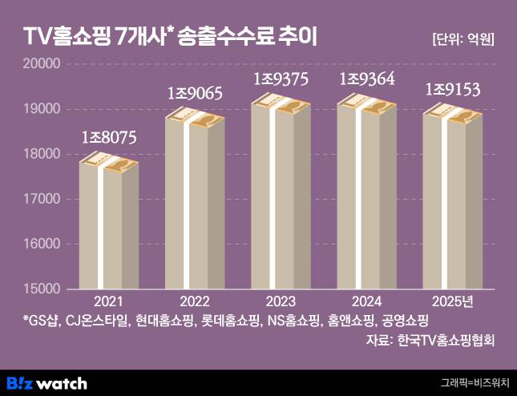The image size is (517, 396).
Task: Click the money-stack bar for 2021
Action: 108,224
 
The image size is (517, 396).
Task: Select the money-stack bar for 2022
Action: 195,200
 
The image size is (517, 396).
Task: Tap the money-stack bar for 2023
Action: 281,192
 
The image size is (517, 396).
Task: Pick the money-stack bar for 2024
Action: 367,192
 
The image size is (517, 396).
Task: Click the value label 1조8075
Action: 109,137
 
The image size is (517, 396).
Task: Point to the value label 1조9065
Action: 195,93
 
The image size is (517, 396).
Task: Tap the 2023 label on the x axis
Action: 281,301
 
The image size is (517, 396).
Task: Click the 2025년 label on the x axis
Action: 453,301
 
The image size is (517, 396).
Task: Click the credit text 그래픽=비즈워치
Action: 475,383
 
